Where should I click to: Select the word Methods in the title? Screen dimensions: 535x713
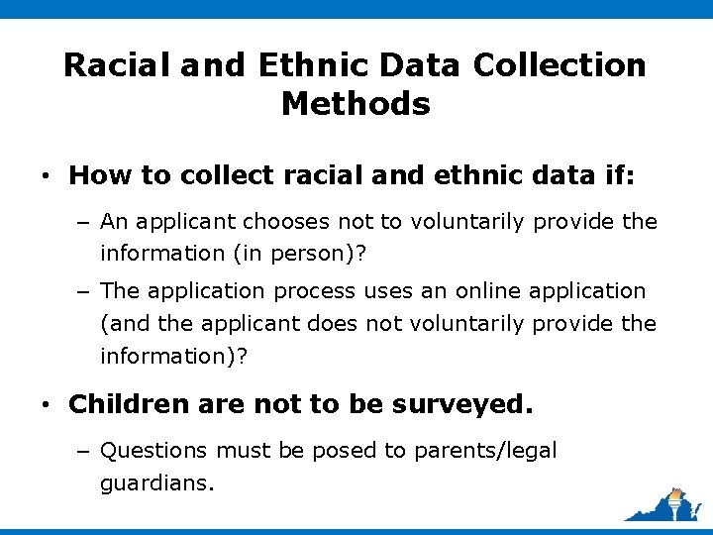point(356,103)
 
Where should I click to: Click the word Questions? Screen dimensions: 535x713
point(153,451)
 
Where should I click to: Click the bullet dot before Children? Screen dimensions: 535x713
point(47,405)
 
